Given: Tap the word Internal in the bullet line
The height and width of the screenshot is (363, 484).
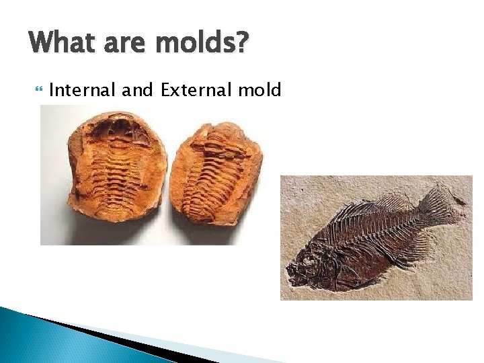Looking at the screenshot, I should coord(85,89).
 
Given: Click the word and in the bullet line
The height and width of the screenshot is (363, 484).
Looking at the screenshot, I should coord(139,89).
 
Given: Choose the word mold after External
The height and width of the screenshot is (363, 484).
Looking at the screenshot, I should coord(259,89).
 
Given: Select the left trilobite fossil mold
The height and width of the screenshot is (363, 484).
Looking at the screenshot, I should coord(116,171).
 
